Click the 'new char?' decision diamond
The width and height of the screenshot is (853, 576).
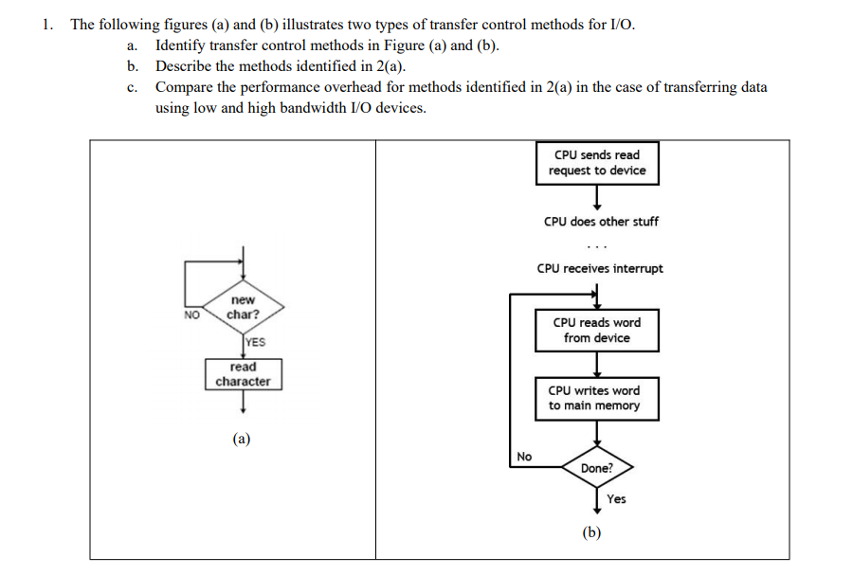243,307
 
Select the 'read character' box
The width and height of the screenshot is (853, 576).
243,374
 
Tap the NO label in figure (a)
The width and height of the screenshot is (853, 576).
191,315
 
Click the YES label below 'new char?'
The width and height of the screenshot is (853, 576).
255,343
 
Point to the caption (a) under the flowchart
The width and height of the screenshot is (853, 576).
243,439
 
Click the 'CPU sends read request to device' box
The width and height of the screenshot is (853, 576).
597,163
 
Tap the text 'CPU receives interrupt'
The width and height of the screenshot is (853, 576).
600,268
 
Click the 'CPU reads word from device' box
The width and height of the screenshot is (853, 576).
597,330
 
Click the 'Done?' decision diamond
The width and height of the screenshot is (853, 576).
597,468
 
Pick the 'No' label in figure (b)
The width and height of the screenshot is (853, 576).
525,457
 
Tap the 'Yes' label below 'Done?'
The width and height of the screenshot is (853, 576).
616,499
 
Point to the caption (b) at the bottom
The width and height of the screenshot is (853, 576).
592,532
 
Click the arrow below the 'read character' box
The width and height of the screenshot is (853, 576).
244,402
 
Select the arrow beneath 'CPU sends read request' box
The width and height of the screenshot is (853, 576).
597,197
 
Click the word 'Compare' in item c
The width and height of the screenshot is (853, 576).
182,87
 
